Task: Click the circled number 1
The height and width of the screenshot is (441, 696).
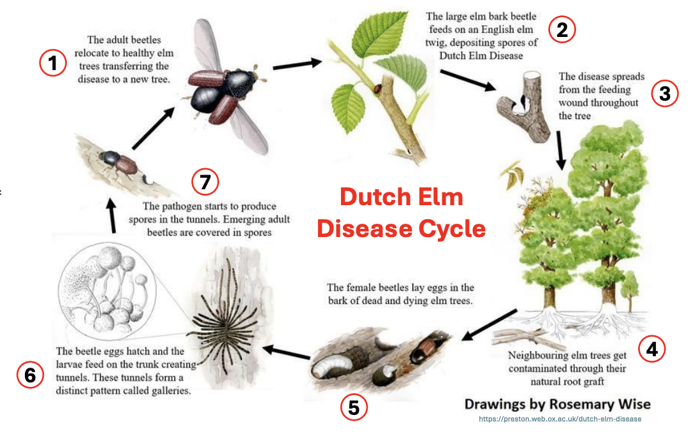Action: coord(53,62)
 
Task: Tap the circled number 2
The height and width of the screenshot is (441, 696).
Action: coord(562,30)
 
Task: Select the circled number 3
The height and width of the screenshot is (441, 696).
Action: coord(665,94)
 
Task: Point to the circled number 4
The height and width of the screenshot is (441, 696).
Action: coord(651,349)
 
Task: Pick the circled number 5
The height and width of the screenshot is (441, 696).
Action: coord(354,407)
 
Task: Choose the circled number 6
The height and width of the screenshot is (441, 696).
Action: coord(30,375)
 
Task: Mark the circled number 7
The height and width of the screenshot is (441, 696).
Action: coord(205,182)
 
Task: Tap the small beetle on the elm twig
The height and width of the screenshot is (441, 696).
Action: coord(378,89)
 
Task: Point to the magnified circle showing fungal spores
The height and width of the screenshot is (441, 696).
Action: coord(107,291)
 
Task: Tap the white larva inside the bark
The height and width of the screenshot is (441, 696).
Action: coord(329,366)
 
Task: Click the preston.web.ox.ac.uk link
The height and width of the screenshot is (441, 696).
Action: coord(560,419)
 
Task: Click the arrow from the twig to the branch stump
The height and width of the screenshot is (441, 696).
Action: coord(468,80)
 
